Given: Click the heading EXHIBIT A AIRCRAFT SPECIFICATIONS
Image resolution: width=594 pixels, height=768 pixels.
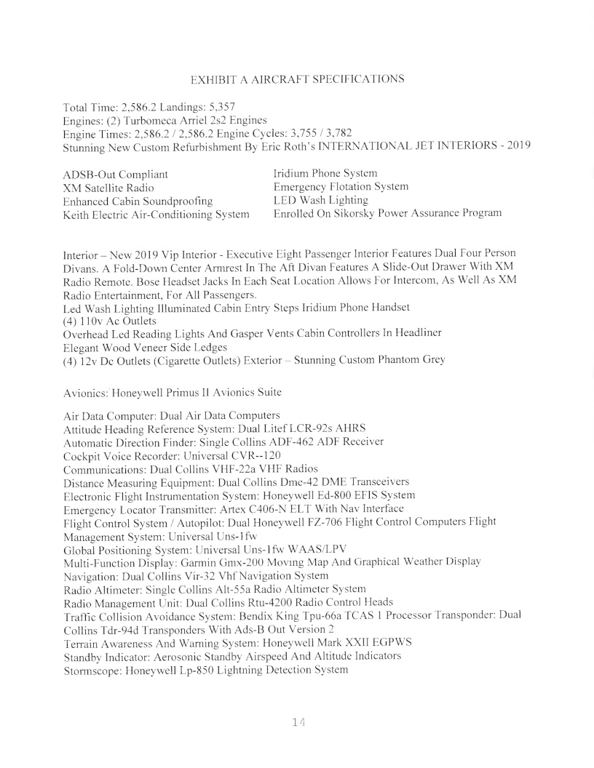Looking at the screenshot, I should pos(297,79).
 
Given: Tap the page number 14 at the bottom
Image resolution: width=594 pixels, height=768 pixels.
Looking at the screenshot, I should pos(297,721).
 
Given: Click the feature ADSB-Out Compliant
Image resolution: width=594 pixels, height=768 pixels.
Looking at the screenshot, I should pos(116,175).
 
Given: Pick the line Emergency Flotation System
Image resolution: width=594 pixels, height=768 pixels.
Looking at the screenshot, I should pos(341,186).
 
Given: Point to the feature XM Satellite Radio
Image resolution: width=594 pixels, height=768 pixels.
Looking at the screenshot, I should pos(108,188).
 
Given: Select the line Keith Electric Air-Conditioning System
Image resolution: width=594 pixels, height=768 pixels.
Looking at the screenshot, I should pos(157,214).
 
